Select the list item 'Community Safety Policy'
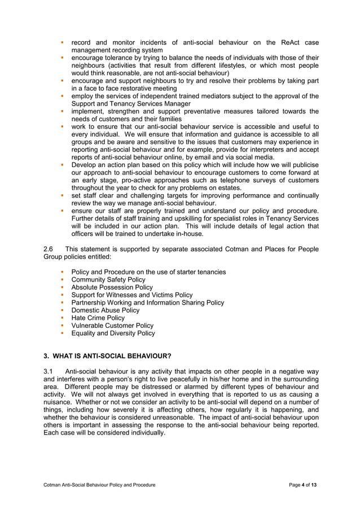click(108, 280)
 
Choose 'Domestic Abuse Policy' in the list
click(105, 310)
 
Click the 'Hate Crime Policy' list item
click(98, 318)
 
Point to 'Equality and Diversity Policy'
click(113, 334)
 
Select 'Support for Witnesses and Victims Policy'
click(131, 295)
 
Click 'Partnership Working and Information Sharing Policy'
click(147, 302)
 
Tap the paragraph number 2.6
click(49, 249)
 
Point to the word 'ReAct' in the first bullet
click(279, 42)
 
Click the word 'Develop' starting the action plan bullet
click(84, 165)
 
